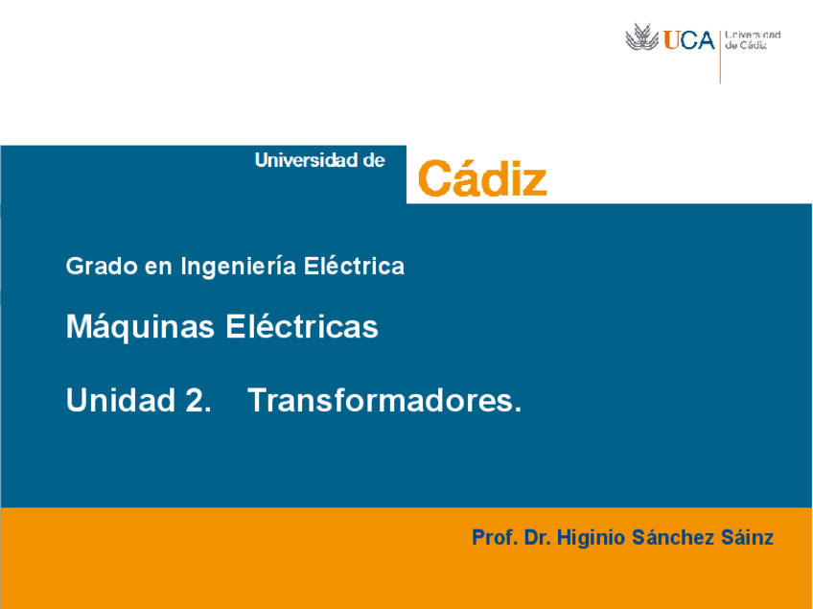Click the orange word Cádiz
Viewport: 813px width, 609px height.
point(482,179)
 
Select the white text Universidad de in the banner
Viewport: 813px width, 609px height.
point(319,160)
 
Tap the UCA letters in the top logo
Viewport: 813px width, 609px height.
point(689,40)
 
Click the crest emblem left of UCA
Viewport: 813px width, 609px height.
point(641,38)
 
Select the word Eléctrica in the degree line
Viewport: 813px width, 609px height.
point(354,267)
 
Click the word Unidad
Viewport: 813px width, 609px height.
point(117,400)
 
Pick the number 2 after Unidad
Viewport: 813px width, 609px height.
point(195,400)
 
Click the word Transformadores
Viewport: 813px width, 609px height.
point(384,400)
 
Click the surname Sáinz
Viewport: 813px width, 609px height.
point(747,538)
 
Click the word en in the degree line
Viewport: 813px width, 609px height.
point(156,267)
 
